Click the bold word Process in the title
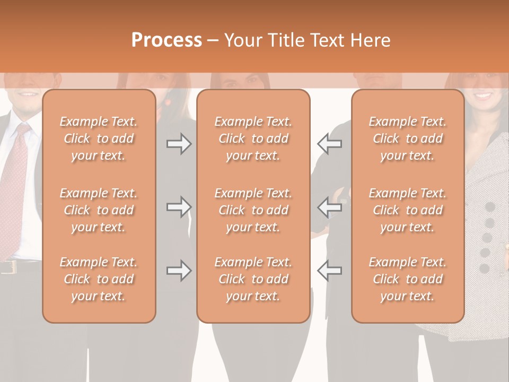(166, 40)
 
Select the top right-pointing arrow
(179, 144)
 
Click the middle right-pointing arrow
(179, 207)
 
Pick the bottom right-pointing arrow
(179, 271)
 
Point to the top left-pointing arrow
(330, 144)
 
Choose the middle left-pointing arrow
(330, 207)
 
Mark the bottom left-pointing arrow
(330, 271)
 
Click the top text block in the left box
(99, 138)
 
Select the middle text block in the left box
(99, 210)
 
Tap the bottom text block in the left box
(99, 279)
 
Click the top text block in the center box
(253, 138)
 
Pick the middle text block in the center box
(253, 210)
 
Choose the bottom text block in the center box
(253, 279)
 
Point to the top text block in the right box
(407, 138)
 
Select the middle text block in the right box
(407, 210)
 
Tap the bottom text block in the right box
(407, 279)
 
